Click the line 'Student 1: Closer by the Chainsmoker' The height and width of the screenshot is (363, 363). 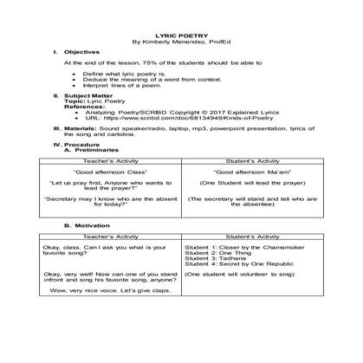pyautogui.click(x=237, y=247)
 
